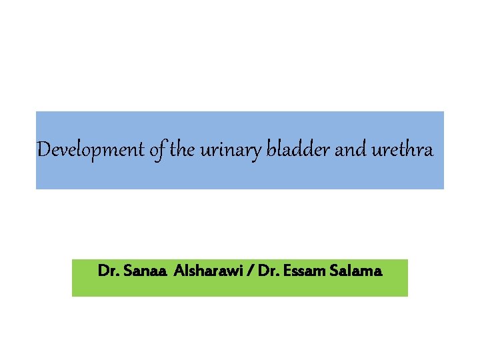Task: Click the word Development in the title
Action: tap(89, 149)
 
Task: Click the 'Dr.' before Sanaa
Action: tap(106, 272)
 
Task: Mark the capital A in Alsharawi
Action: tap(179, 272)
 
